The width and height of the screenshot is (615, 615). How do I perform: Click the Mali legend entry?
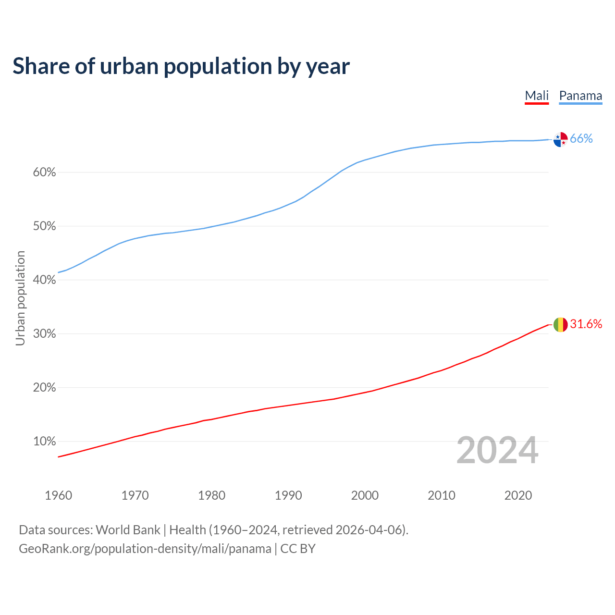click(x=537, y=96)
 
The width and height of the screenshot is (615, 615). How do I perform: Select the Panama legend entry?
click(x=580, y=96)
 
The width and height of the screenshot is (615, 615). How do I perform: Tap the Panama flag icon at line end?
click(x=561, y=139)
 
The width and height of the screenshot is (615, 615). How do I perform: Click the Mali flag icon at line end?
click(x=561, y=325)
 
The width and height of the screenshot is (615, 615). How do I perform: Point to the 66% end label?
click(x=581, y=139)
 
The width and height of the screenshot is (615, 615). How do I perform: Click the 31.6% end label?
click(x=586, y=324)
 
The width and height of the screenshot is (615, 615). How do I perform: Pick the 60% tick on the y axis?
click(x=44, y=172)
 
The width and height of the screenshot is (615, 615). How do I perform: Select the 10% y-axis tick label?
click(x=44, y=442)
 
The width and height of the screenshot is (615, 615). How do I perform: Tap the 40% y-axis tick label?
click(x=44, y=280)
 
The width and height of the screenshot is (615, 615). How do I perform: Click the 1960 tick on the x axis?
click(x=58, y=495)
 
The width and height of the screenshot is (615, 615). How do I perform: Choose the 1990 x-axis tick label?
click(x=288, y=495)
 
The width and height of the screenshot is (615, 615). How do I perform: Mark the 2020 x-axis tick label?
click(x=518, y=495)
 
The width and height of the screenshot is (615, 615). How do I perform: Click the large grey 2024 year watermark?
click(x=497, y=450)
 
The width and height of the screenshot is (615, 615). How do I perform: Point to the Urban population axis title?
click(x=20, y=298)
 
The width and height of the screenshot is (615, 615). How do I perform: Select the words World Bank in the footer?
click(x=128, y=530)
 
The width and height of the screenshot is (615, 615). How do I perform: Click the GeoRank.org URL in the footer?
click(x=145, y=549)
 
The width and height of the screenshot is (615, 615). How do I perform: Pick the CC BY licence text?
click(x=298, y=549)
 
